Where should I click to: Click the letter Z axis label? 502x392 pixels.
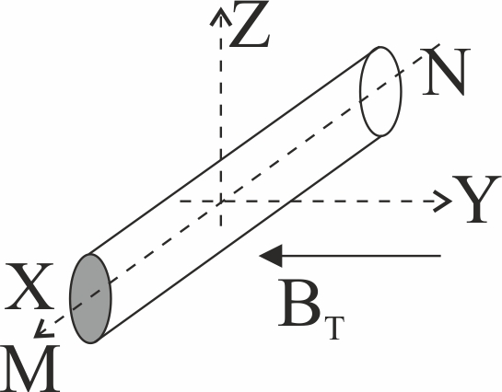pos(250,24)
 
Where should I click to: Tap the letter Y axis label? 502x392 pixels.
pos(476,199)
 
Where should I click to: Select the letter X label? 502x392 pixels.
pos(29,286)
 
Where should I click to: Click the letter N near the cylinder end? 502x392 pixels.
pos(445,72)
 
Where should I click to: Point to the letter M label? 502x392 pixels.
pos(30,368)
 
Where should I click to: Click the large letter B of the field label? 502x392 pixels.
pos(299,303)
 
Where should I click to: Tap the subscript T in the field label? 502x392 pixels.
pos(334,329)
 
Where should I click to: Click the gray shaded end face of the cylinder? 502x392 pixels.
pos(90,299)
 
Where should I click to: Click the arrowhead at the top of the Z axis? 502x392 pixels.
pos(220,16)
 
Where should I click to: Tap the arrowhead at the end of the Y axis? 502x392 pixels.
pos(443,202)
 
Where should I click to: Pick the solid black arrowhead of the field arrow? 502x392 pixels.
pos(271,256)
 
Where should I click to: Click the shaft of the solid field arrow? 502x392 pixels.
pos(362,256)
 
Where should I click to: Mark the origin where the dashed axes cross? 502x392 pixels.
pos(221,202)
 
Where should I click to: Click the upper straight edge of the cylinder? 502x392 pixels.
pos(233,151)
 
